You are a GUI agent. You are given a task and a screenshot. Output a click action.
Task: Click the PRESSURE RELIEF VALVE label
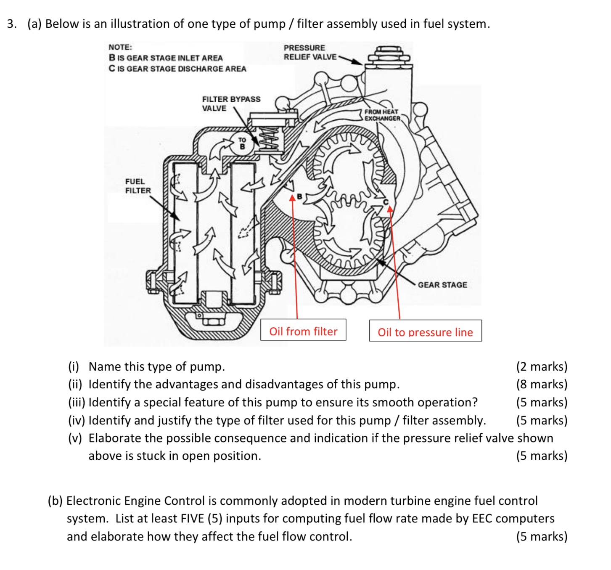coord(309,53)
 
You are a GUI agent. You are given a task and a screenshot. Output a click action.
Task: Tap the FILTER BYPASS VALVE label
coord(231,103)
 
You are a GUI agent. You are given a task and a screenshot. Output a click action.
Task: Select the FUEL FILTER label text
coord(138,186)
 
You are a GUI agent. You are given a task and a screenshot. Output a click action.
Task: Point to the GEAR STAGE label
coord(442,285)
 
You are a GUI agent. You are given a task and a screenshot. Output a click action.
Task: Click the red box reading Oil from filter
coord(303,331)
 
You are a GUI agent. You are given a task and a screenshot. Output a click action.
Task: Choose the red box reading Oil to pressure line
coord(425,332)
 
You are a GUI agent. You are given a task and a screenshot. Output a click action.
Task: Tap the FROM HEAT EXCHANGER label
coord(381,115)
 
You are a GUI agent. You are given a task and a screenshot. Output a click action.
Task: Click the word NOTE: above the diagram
coord(120,47)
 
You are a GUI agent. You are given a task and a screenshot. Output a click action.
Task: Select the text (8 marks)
coord(542,384)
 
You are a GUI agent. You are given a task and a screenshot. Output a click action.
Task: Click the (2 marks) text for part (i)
coord(542,366)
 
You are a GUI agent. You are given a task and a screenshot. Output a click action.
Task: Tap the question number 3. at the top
coord(12,24)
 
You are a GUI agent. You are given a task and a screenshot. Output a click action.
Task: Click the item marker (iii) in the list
coord(77,402)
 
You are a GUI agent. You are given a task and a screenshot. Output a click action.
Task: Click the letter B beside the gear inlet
coord(299,196)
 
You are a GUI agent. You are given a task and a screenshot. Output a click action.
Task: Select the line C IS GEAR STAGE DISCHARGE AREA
coord(177,69)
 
